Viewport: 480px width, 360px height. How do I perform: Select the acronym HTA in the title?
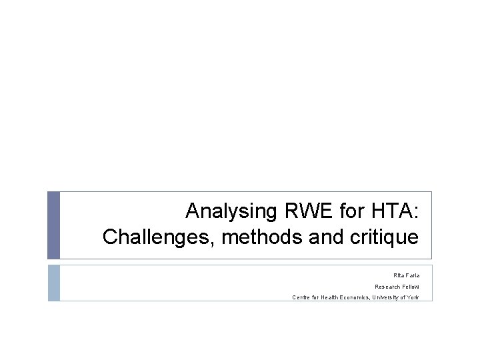tap(393, 212)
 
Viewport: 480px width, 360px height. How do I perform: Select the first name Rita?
tap(398, 275)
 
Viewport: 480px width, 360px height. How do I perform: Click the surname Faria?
tap(412, 275)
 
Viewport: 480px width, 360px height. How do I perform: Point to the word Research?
tap(387, 286)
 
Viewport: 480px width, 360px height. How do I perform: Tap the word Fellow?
tap(411, 286)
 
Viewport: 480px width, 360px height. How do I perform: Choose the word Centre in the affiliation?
tap(301, 297)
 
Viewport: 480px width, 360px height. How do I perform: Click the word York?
tap(413, 297)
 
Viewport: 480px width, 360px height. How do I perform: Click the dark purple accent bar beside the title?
tap(53, 225)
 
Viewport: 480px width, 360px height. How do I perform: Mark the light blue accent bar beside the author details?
tap(53, 283)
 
